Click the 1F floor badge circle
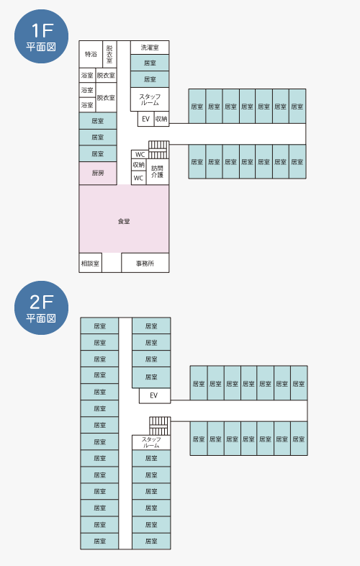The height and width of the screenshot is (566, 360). pyautogui.click(x=41, y=36)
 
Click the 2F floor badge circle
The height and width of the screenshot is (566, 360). pyautogui.click(x=41, y=307)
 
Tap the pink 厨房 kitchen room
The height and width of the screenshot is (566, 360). pyautogui.click(x=98, y=174)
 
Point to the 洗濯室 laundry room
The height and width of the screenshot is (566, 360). pyautogui.click(x=150, y=48)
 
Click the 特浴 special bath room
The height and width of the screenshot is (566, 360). pyautogui.click(x=91, y=54)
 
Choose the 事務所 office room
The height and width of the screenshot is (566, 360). pyautogui.click(x=145, y=263)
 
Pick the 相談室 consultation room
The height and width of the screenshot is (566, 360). pyautogui.click(x=90, y=263)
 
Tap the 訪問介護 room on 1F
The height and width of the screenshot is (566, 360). pyautogui.click(x=158, y=172)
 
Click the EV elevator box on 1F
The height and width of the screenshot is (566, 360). pyautogui.click(x=145, y=119)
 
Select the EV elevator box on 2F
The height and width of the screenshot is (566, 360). pyautogui.click(x=155, y=395)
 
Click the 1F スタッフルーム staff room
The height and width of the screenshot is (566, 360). pyautogui.click(x=150, y=99)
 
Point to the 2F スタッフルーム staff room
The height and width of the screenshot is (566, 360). pyautogui.click(x=151, y=442)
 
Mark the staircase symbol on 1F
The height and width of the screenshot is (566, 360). pyautogui.click(x=159, y=150)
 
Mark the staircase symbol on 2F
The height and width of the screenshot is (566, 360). pyautogui.click(x=160, y=426)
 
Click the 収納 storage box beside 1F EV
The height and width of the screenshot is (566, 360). pyautogui.click(x=161, y=119)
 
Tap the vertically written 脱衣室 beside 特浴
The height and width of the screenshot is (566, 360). pyautogui.click(x=109, y=54)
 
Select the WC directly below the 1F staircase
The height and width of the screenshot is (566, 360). pyautogui.click(x=140, y=155)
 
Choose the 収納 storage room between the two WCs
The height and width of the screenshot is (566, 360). pyautogui.click(x=139, y=165)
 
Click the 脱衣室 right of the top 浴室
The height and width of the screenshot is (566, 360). pyautogui.click(x=106, y=76)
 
